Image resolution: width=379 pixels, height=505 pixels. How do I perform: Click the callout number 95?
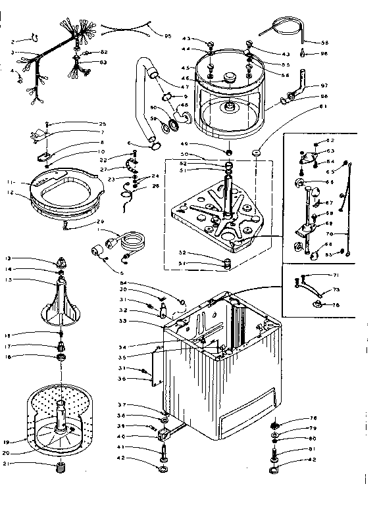click(x=167, y=36)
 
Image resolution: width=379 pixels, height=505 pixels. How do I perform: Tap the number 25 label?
click(x=102, y=124)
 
